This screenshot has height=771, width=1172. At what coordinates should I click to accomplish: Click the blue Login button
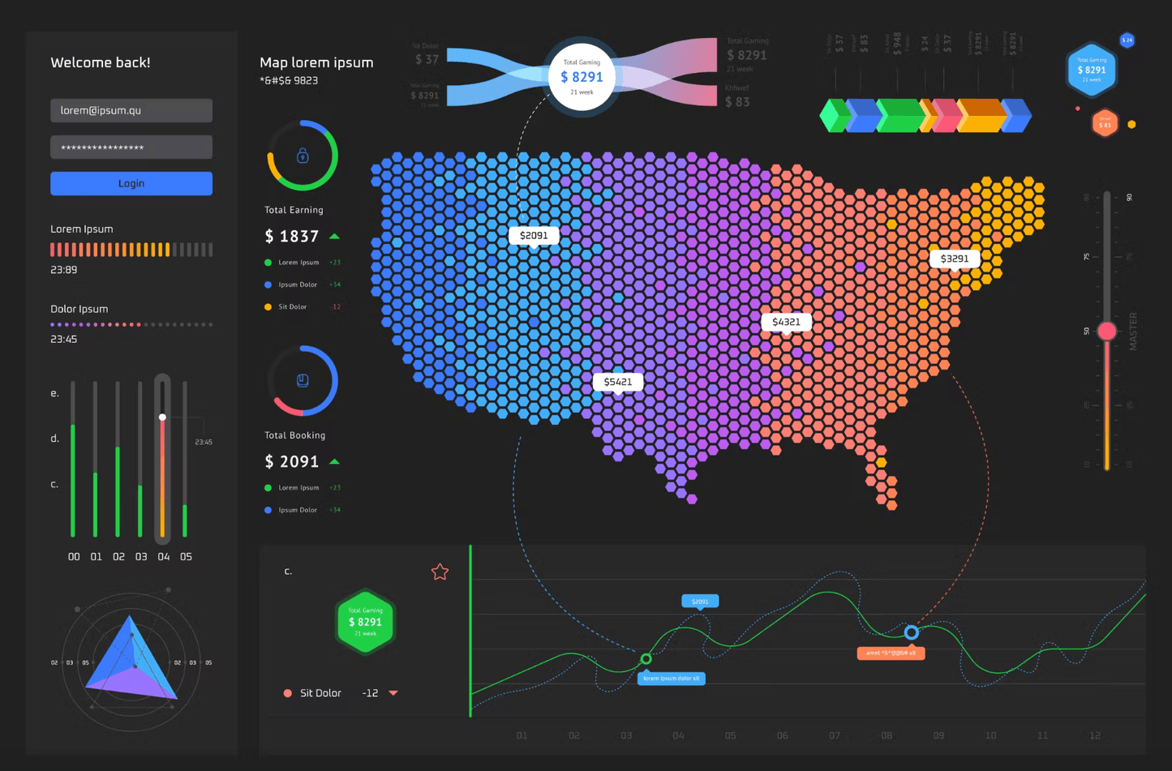(131, 183)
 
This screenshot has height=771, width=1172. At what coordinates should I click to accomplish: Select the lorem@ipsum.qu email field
(131, 110)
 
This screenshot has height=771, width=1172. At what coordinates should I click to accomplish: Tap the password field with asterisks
(131, 147)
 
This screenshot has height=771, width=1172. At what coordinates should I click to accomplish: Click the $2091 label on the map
(534, 235)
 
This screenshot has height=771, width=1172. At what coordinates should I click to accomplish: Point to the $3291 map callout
(954, 259)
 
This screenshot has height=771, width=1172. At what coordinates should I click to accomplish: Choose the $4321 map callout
(786, 322)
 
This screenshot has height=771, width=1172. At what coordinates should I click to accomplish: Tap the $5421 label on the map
(618, 382)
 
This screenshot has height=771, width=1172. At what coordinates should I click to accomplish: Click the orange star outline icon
(440, 572)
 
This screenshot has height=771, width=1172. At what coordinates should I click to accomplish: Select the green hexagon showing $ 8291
(365, 622)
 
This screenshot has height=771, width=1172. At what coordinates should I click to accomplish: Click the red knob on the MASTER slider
(1106, 331)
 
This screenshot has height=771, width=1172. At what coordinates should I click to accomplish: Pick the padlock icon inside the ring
(303, 156)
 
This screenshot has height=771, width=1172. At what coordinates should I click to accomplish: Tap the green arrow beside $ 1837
(334, 237)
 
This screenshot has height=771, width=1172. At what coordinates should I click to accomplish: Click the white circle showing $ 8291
(582, 77)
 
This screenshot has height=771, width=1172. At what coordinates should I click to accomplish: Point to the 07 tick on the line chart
(835, 735)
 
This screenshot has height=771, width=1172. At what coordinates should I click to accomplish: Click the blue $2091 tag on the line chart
(700, 602)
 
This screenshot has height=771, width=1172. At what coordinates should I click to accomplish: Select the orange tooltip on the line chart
(891, 653)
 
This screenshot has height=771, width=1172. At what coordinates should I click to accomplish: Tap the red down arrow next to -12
(393, 693)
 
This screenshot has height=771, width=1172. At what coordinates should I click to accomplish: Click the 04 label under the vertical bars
(164, 557)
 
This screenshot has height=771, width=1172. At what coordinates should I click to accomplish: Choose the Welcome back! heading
(101, 62)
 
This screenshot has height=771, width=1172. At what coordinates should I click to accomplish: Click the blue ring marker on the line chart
(912, 632)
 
